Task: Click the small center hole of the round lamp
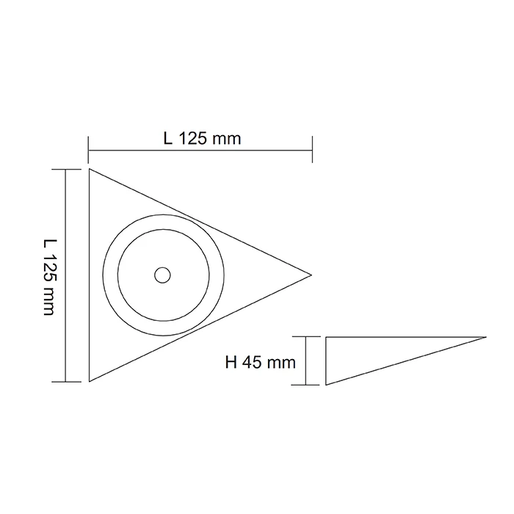point(162,275)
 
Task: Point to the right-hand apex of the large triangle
point(311,275)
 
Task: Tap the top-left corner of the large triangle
point(90,170)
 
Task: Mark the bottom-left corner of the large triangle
point(90,381)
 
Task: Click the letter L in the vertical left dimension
point(49,243)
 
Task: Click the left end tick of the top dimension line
point(88,150)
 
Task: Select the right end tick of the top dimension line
point(313,150)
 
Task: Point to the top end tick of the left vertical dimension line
point(66,169)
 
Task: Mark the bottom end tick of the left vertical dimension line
point(66,382)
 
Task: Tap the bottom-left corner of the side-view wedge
point(326,384)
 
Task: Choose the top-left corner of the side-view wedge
point(326,337)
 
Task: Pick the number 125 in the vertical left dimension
point(49,272)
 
